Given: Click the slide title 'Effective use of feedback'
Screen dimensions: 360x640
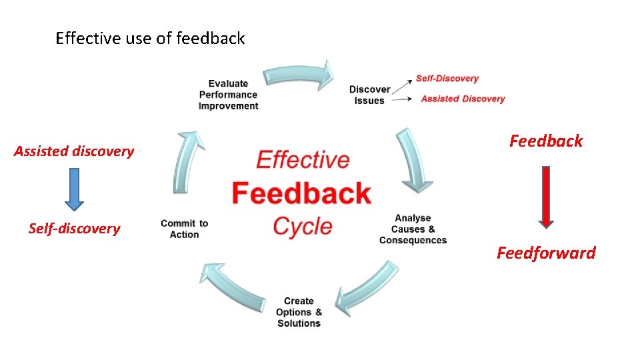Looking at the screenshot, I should point(150,39).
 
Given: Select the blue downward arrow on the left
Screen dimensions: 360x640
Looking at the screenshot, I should point(74,189).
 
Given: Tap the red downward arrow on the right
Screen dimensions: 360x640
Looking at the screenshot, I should point(546,197).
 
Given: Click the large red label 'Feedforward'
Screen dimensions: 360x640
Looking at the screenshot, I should point(546,253).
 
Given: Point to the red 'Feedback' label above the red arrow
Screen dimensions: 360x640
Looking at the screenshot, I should point(546,141).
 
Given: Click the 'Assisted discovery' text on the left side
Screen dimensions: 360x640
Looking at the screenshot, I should point(74,151).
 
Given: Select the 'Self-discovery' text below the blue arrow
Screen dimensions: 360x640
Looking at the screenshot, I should point(74,229).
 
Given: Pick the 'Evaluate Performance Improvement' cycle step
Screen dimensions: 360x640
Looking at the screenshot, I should point(228,95).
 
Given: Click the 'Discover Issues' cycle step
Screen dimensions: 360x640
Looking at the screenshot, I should point(369,95).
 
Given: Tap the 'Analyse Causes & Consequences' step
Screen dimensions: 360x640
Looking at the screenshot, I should point(413,229).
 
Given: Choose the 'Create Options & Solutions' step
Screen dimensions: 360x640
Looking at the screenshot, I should point(299,312).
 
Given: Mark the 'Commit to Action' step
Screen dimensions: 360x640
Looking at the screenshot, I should point(184,229).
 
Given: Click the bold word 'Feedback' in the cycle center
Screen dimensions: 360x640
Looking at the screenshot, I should point(301,193).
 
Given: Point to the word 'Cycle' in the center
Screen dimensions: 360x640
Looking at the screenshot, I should point(303,226).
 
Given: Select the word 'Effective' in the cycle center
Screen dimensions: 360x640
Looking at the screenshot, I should point(303,160).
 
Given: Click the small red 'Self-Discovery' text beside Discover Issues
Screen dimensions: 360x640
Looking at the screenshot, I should point(447,78).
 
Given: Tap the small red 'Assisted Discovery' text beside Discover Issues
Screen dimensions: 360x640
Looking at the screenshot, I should point(463,99).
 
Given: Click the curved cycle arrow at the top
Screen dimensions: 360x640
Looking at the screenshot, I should point(299,75).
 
